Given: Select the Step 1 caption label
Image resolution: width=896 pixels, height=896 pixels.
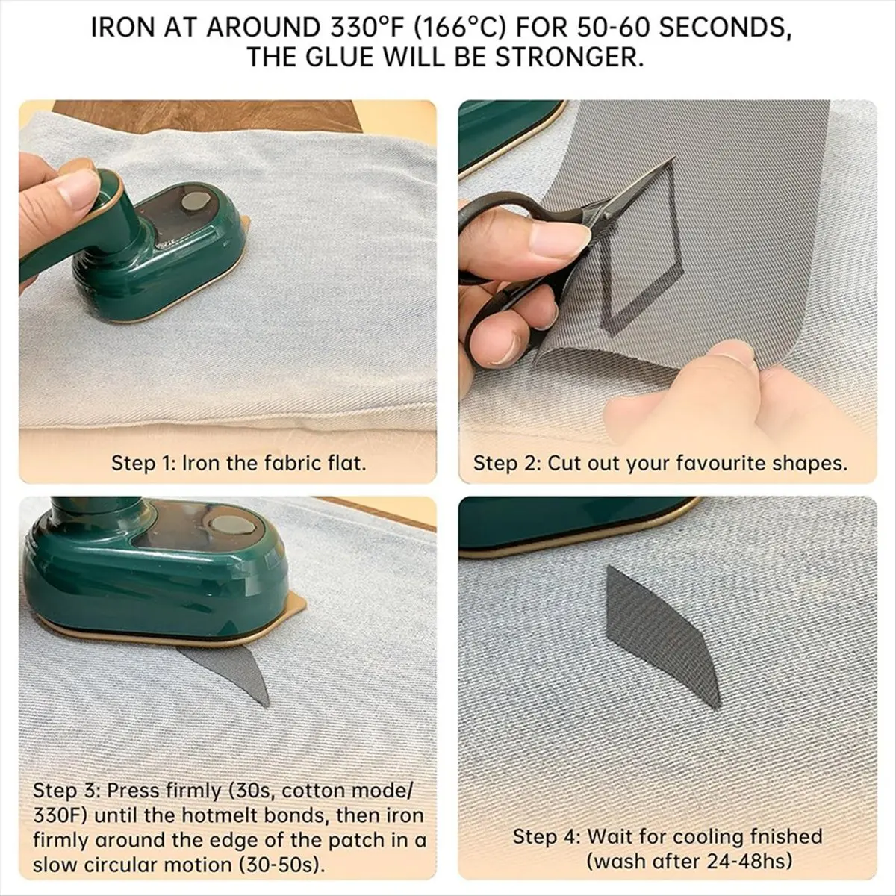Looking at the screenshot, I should pyautogui.click(x=142, y=463).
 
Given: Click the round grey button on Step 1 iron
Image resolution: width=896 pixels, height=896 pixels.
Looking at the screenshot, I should pyautogui.click(x=196, y=200).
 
